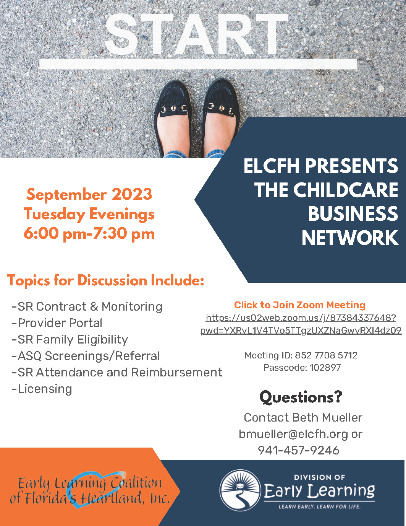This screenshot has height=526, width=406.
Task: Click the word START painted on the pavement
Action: click(x=196, y=34)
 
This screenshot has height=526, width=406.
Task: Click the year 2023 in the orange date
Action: click(x=131, y=194)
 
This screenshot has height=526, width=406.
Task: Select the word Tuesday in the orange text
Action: click(x=54, y=215)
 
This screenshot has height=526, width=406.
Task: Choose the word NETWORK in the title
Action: click(x=350, y=238)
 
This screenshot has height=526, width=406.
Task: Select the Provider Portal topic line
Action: click(x=57, y=323)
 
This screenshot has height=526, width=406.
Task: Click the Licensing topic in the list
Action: click(x=42, y=389)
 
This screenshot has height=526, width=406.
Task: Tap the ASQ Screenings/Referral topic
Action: click(x=86, y=356)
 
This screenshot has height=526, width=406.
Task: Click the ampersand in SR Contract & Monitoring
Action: click(x=94, y=306)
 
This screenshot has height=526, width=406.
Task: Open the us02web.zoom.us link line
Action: click(x=301, y=318)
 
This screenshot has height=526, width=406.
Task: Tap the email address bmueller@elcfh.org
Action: click(x=293, y=434)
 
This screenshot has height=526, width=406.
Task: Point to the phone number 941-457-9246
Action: click(x=299, y=451)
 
